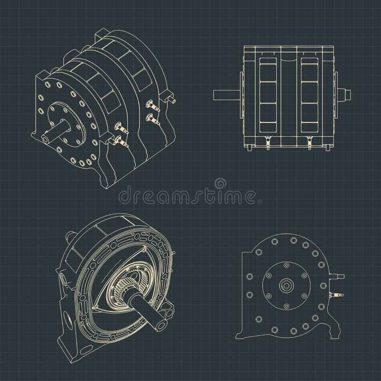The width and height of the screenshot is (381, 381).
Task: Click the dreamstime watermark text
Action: click(x=190, y=195)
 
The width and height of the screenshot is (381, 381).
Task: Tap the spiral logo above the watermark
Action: click(x=221, y=182)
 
